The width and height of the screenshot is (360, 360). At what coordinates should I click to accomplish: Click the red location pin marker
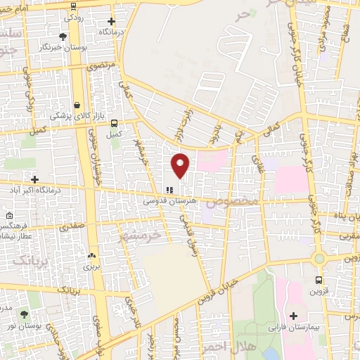[x=181, y=165]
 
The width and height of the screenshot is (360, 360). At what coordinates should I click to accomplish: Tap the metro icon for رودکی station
[x=74, y=6]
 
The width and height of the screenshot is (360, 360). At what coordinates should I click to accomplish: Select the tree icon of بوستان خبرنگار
[x=63, y=36]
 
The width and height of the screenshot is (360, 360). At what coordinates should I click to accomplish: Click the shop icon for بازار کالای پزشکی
[x=77, y=105]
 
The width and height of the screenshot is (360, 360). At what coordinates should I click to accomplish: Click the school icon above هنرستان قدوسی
[x=169, y=189]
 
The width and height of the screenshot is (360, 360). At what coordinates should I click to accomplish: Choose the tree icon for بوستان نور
[x=25, y=316]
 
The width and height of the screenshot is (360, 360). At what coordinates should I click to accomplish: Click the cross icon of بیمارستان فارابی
[x=293, y=316]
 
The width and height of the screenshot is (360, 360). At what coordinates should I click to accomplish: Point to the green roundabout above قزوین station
[x=319, y=258]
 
